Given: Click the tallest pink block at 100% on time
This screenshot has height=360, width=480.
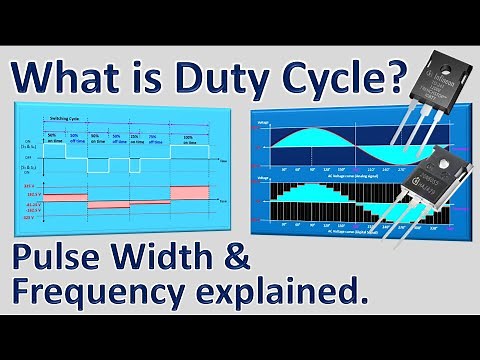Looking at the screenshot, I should (191, 191).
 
